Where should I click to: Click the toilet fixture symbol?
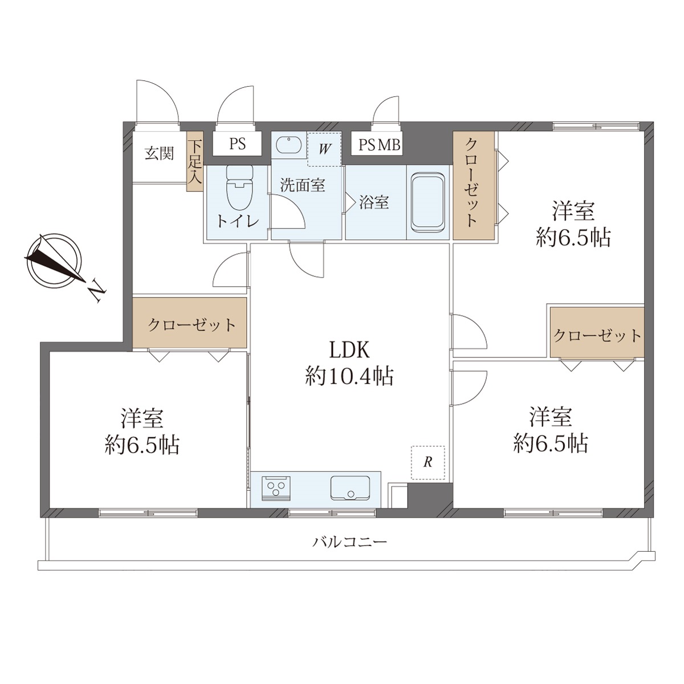(239, 188)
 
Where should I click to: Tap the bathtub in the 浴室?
(428, 203)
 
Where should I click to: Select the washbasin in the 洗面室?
(288, 145)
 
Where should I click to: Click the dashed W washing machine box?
(324, 149)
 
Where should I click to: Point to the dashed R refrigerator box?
(428, 462)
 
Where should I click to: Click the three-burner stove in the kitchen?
(276, 488)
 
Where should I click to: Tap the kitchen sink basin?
(350, 488)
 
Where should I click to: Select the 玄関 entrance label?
(160, 154)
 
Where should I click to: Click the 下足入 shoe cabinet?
(194, 161)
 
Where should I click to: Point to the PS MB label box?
(377, 144)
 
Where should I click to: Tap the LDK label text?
(350, 350)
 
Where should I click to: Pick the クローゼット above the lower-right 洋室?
(597, 332)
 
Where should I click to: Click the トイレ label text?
(238, 222)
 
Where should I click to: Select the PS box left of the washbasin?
(238, 144)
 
